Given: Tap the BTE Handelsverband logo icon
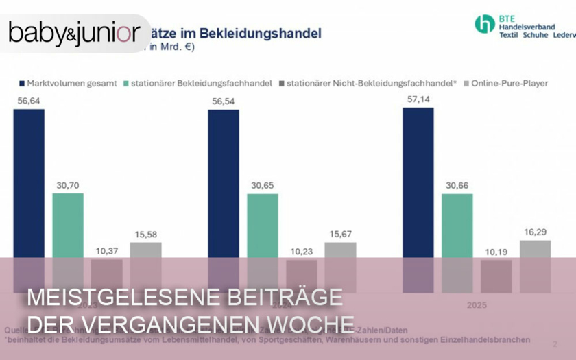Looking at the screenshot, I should [484, 24].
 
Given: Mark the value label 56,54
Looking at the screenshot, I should [223, 100].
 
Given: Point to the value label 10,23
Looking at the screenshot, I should [301, 251].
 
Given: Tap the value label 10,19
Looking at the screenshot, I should [496, 251].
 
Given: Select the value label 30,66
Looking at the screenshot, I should [457, 185].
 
